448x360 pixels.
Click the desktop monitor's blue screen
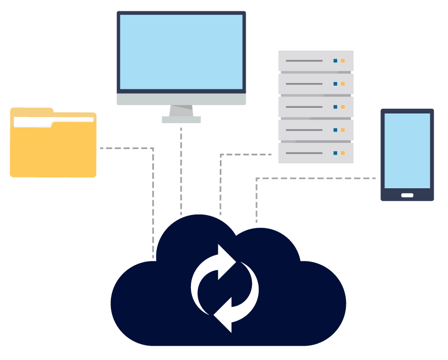point(181,52)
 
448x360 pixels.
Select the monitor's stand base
point(181,120)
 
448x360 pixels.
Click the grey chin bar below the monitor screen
point(181,99)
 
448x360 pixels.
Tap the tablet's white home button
point(407,195)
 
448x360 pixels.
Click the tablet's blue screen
point(407,151)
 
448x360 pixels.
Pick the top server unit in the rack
point(315,61)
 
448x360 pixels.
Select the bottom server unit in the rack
point(315,153)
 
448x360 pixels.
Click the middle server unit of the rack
point(315,107)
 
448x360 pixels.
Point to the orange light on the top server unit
point(343,61)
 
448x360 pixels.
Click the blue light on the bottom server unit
point(335,153)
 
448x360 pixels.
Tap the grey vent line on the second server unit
point(304,84)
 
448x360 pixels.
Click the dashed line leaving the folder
point(126,148)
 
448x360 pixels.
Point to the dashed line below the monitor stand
point(181,170)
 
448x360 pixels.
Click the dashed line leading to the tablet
point(315,178)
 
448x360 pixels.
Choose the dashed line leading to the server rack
point(245,155)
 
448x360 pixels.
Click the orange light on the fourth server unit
point(343,130)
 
